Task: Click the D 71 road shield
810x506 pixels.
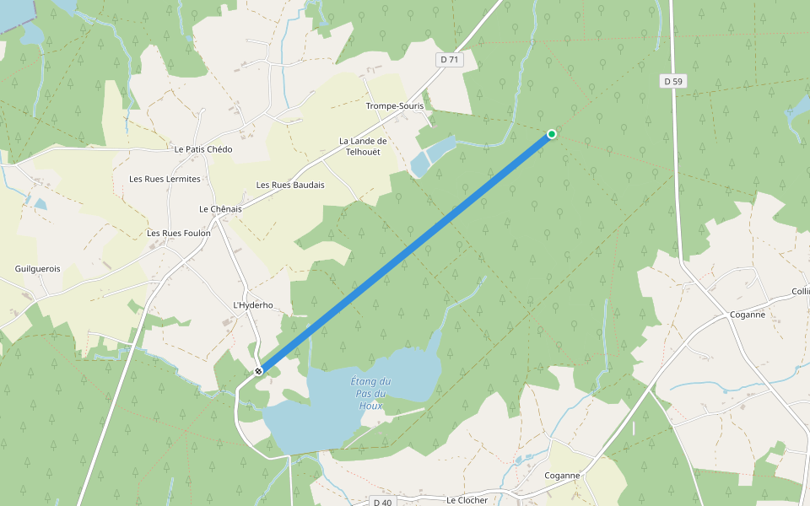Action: [x=450, y=59]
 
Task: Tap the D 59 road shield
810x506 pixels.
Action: [x=672, y=81]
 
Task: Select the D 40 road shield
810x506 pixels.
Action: [x=383, y=502]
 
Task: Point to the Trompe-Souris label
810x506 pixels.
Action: [x=394, y=106]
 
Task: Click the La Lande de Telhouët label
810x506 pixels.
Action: [x=363, y=147]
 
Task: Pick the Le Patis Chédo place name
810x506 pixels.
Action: [x=203, y=149]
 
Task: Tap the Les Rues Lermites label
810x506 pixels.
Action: [x=165, y=179]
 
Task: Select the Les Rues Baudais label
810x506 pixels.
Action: [x=290, y=185]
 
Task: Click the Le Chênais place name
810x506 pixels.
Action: [x=220, y=208]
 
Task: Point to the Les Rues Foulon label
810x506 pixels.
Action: [x=179, y=234]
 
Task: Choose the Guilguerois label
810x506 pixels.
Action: [x=38, y=269]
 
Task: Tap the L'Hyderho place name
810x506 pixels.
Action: [x=253, y=305]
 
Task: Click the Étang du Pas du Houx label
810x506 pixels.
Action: [x=370, y=394]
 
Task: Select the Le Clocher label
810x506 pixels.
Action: [x=467, y=500]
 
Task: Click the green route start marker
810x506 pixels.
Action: [x=552, y=134]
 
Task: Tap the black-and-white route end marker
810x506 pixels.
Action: [x=259, y=370]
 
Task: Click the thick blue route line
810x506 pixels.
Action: [x=405, y=252]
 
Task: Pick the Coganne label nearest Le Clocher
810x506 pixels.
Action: [x=563, y=476]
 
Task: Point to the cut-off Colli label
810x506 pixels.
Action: [x=800, y=291]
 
